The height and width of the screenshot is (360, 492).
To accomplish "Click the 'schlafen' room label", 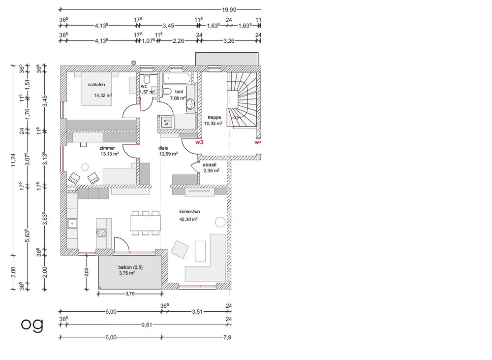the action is point(96,85).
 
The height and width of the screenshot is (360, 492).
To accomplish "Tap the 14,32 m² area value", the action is point(103,96).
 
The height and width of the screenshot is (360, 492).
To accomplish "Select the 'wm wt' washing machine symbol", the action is point(167,122).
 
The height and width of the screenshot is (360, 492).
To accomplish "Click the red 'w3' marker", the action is point(199,142).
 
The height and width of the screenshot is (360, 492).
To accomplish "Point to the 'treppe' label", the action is point(214,117).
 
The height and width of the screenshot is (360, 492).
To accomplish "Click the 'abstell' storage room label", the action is point(209,164).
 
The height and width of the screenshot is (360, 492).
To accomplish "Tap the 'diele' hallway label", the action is point(163,148).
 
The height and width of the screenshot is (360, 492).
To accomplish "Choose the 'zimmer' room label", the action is point(107,148).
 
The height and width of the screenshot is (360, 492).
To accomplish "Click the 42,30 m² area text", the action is point(188,219).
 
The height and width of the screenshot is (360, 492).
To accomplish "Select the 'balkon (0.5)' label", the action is point(130,267).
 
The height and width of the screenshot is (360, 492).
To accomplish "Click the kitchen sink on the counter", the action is point(72,224).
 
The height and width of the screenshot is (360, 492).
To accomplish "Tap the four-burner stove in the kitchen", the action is point(101,233).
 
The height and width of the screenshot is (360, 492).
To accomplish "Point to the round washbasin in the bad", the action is point(190,104).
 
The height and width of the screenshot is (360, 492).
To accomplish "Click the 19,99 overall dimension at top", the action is point(229,10).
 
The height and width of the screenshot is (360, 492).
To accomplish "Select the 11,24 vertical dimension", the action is point(13,160).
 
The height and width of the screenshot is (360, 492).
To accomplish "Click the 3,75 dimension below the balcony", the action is point(130,294).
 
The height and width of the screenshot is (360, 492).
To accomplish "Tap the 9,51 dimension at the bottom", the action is point(147,325).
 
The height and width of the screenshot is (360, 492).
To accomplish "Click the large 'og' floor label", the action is point(32,325).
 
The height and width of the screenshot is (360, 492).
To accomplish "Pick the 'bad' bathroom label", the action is point(179,92).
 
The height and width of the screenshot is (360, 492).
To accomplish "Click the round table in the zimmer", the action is point(85,167).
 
